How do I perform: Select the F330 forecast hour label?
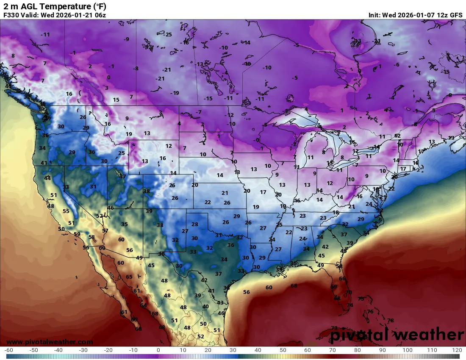[11, 15]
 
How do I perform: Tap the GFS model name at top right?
[456, 15]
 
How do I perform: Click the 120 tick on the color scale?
[456, 350]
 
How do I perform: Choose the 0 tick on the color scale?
[158, 350]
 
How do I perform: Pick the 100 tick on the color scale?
[407, 350]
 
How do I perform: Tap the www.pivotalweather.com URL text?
[50, 342]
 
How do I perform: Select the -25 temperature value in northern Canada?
[168, 35]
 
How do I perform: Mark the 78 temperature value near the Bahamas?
[390, 321]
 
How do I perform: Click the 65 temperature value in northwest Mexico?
[129, 277]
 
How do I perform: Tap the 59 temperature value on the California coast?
[77, 234]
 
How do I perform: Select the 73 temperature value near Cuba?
[334, 328]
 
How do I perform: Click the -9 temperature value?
[126, 39]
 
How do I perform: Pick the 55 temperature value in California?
[66, 211]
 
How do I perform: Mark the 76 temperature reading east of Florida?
[370, 312]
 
